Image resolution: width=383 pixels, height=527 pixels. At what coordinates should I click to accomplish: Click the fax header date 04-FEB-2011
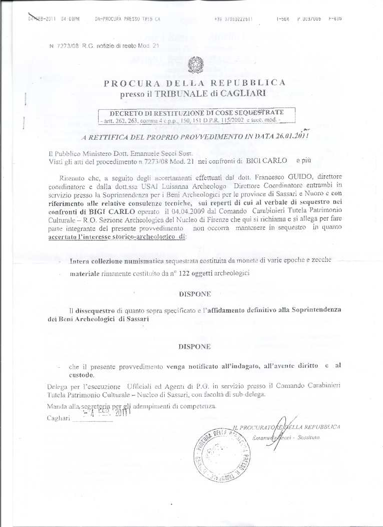tap(43, 19)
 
